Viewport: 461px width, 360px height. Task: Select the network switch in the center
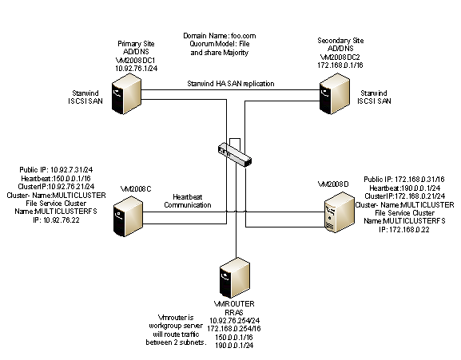click(236, 152)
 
